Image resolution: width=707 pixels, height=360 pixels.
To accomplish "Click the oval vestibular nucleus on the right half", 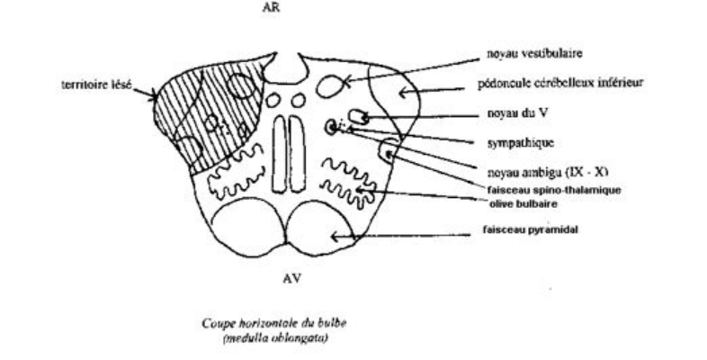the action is (x=329, y=87).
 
